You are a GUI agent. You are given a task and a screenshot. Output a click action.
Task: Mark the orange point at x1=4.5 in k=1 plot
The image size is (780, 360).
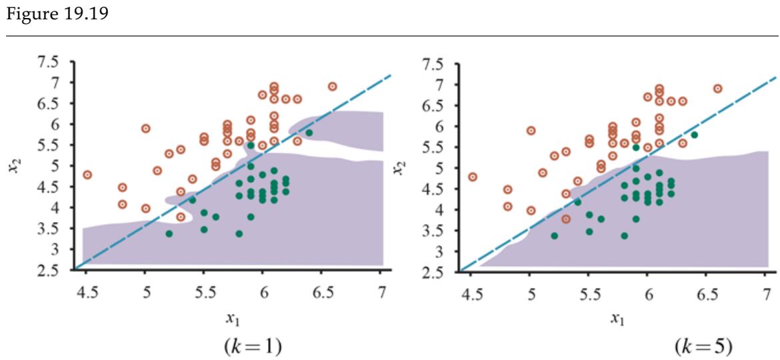(x=87, y=175)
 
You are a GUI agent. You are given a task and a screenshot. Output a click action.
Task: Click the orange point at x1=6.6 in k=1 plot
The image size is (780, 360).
(x=332, y=87)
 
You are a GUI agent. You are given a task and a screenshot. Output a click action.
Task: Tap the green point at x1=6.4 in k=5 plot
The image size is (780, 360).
(x=695, y=135)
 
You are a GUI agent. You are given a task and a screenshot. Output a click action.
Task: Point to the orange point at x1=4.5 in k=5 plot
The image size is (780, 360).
(x=473, y=177)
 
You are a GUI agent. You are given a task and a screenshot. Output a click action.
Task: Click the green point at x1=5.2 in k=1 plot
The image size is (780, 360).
(x=169, y=233)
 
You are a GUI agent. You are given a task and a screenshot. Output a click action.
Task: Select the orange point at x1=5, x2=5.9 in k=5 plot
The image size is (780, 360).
(x=531, y=131)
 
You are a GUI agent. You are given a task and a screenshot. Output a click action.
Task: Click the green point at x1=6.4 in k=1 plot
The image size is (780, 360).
(x=309, y=133)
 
